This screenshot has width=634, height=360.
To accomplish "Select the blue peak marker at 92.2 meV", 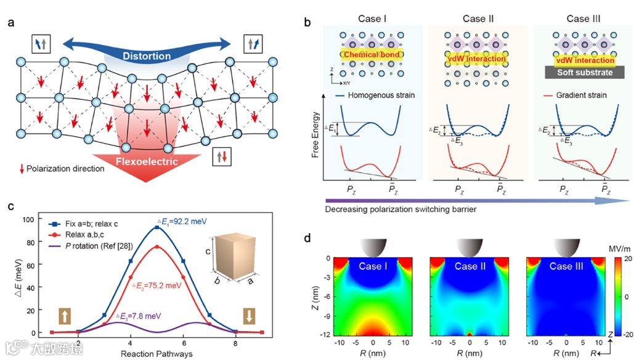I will pos(156,227).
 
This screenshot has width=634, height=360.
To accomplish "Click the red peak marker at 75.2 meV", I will pos(156,247).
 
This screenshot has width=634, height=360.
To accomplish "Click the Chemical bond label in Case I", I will pos(372,55).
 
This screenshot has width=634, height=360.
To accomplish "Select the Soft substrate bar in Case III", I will pos(582,72).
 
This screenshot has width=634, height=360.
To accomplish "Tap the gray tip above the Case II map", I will pos(470,247).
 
